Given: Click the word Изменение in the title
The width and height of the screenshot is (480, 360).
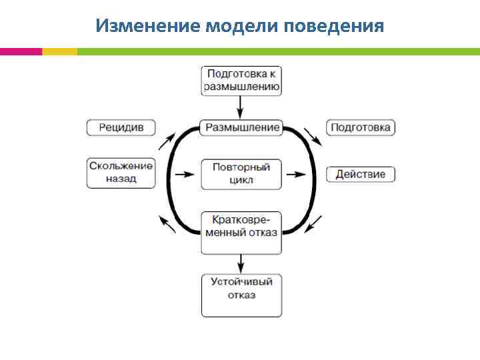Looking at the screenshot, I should (147, 26).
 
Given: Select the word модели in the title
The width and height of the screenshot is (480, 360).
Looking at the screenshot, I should (242, 26).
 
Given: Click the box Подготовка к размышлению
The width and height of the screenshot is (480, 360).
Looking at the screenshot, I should (242, 80).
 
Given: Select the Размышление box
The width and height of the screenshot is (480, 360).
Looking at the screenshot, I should (242, 127).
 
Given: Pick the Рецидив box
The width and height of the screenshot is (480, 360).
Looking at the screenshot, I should (121, 127).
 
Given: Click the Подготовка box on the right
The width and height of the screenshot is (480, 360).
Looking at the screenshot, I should (361, 127).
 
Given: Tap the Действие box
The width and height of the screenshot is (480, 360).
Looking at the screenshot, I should (361, 175).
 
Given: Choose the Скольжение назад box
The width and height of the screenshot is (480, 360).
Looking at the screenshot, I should (121, 173).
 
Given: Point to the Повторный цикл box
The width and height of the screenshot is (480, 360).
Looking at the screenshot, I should (242, 174).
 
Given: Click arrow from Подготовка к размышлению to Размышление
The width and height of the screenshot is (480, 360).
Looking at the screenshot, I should (241, 107).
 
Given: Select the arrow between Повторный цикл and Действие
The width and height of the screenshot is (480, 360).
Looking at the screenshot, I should (298, 175).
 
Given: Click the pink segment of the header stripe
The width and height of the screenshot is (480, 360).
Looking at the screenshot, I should (21, 51).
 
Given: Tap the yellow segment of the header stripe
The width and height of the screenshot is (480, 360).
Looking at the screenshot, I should (59, 51).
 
